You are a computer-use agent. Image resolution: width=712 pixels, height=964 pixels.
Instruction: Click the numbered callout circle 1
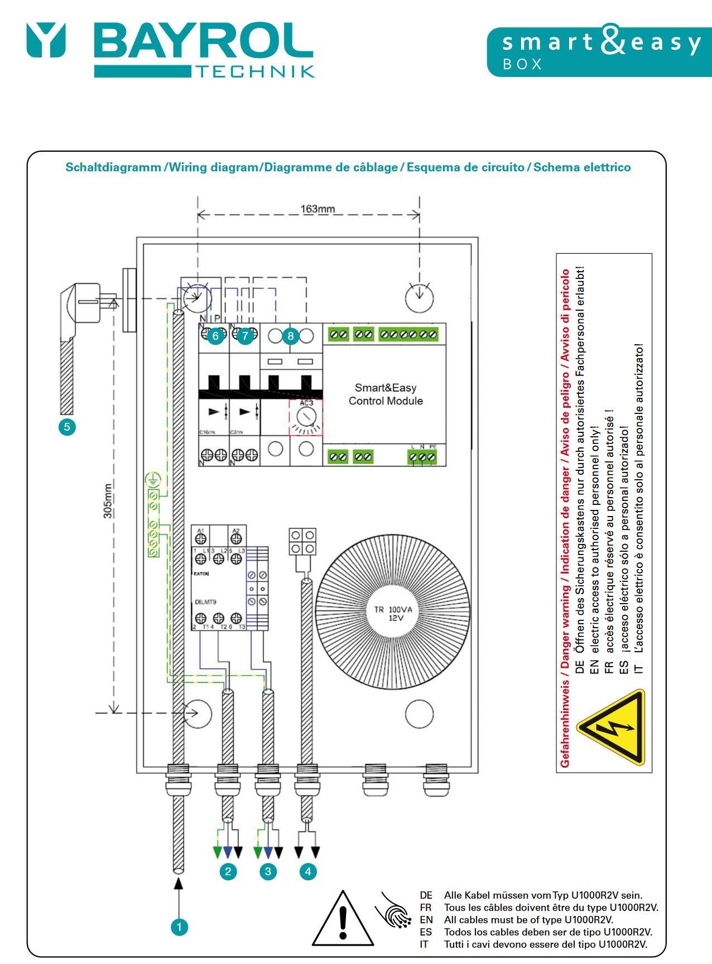click(179, 927)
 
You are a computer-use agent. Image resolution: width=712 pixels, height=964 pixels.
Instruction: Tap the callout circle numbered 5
click(67, 427)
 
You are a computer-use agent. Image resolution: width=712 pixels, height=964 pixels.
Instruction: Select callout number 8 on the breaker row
click(290, 336)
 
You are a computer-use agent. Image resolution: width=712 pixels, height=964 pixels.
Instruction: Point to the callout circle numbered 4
click(307, 871)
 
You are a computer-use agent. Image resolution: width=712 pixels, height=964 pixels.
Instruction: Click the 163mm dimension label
click(317, 209)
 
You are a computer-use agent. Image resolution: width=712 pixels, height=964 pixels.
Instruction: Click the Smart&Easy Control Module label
click(386, 394)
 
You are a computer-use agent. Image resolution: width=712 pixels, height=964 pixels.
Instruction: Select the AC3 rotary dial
click(305, 417)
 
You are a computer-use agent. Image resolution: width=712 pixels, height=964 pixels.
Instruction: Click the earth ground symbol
click(153, 479)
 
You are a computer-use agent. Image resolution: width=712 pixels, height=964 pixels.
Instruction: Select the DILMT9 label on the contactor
click(206, 602)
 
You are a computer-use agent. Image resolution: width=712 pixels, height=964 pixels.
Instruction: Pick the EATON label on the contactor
click(201, 573)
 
